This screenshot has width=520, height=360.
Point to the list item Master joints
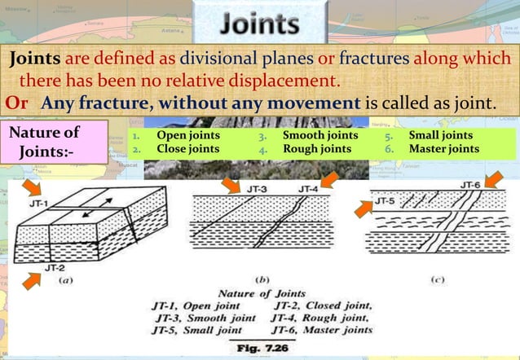443,150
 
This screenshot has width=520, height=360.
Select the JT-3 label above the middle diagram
258,189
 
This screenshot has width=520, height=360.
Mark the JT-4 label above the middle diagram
308,189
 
